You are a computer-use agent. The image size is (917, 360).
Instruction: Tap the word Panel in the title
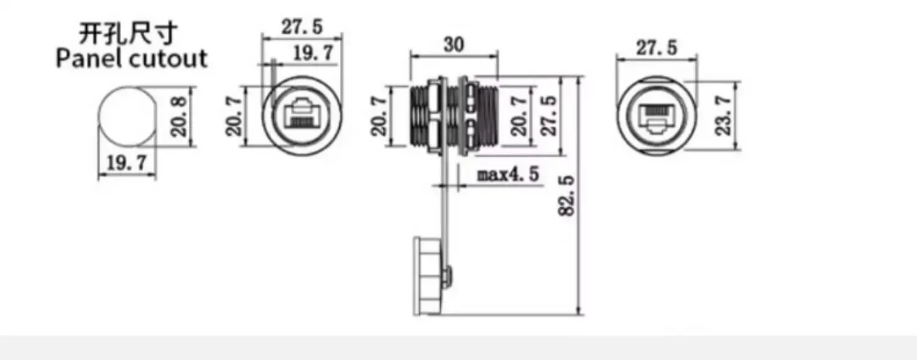89,59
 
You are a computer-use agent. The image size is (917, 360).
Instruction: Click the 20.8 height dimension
179,117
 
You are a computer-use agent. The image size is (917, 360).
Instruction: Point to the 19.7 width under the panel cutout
127,163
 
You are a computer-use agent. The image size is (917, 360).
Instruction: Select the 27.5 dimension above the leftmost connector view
301,27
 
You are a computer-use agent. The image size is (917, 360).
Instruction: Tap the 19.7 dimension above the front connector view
314,53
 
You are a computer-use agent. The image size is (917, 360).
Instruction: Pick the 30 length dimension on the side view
454,45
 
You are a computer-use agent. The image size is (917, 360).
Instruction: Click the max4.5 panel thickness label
508,175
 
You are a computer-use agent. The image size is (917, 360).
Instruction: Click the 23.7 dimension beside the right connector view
723,115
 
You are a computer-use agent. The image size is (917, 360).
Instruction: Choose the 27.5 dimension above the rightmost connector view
657,48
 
